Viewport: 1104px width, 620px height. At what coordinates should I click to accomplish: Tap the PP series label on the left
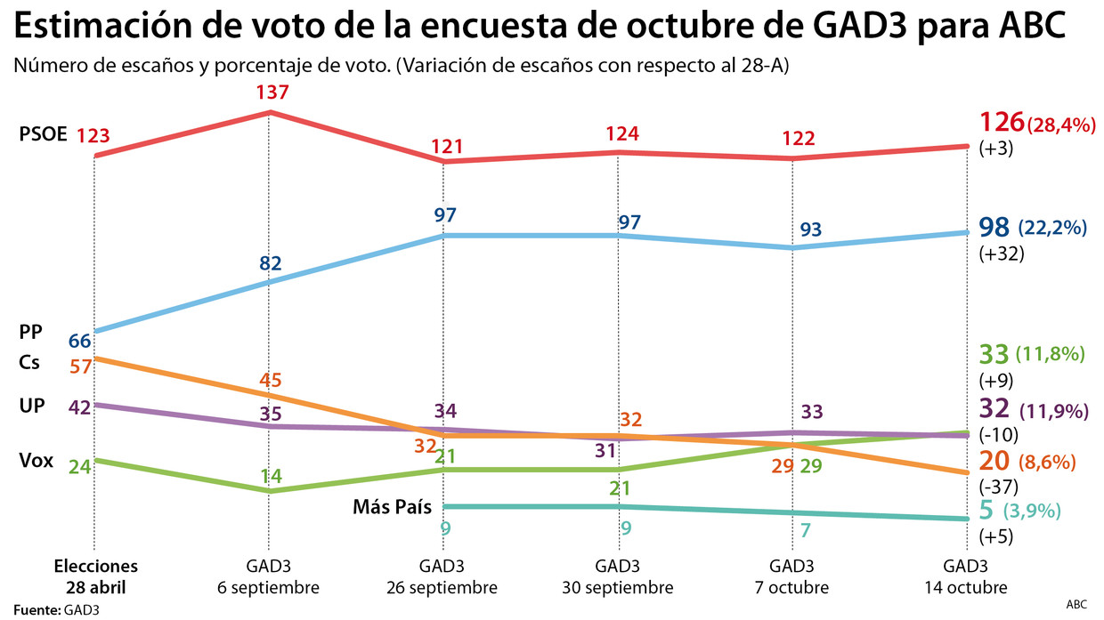(31, 333)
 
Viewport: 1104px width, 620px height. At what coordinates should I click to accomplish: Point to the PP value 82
(270, 263)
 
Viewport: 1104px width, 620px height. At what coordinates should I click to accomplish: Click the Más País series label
(392, 508)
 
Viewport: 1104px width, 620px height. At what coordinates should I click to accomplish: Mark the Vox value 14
(272, 476)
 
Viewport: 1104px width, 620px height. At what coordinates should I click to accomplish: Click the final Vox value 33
(994, 355)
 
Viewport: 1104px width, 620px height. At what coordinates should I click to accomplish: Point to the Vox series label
(36, 462)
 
